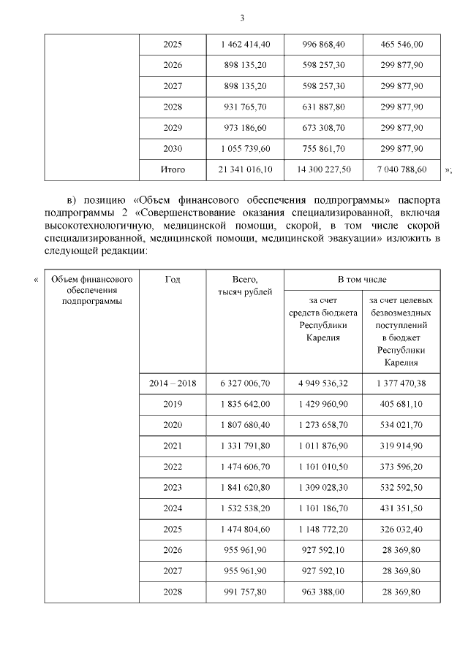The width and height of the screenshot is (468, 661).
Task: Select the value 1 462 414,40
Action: pyautogui.click(x=245, y=45)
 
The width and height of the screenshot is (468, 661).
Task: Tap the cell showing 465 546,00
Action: pyautogui.click(x=401, y=45)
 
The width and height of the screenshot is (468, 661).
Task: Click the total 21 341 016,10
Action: pyautogui.click(x=245, y=169)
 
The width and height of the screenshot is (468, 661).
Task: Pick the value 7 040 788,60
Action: pyautogui.click(x=401, y=169)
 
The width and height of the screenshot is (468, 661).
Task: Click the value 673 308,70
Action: pyautogui.click(x=323, y=128)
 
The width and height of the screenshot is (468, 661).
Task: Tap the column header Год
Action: pyautogui.click(x=173, y=279)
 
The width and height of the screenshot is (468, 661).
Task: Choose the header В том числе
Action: pyautogui.click(x=362, y=279)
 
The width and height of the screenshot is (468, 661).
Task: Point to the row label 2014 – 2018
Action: pyautogui.click(x=173, y=383)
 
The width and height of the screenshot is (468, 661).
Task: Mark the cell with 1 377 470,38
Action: pyautogui.click(x=401, y=383)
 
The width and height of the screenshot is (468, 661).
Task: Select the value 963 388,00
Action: pyautogui.click(x=323, y=592)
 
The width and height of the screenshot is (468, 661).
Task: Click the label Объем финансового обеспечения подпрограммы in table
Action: pyautogui.click(x=91, y=289)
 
